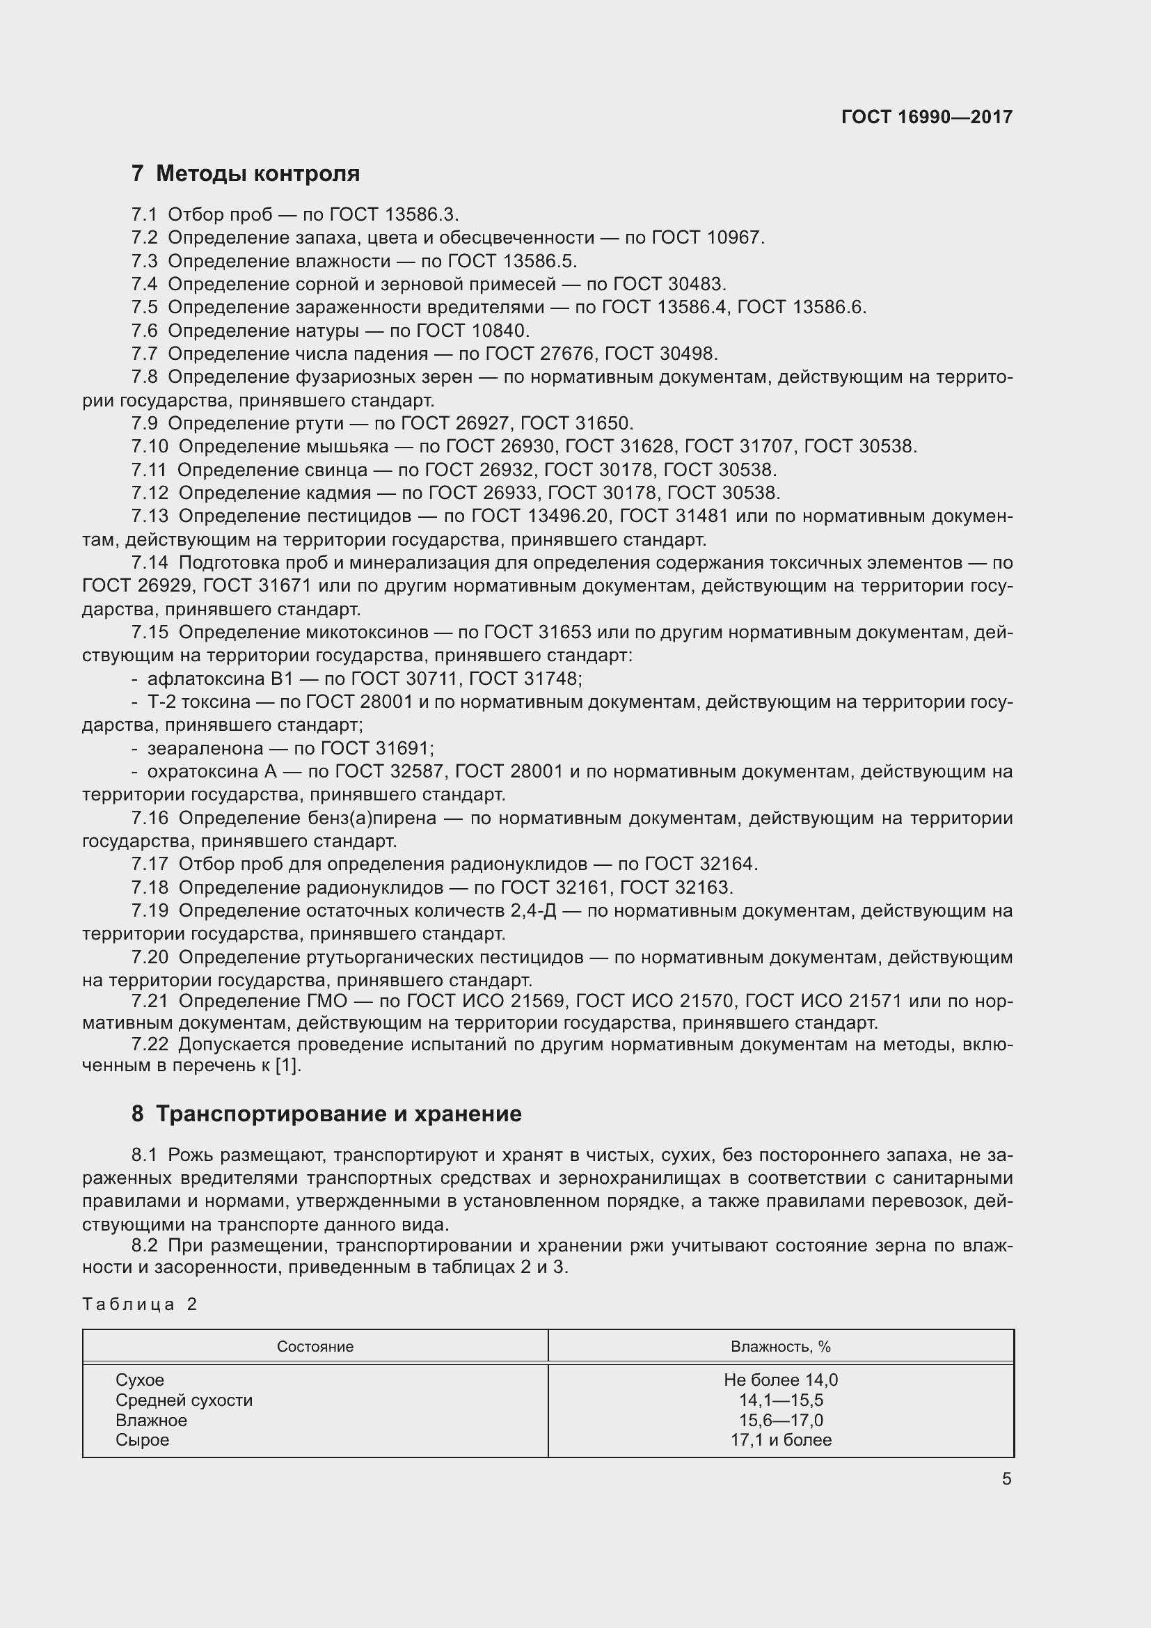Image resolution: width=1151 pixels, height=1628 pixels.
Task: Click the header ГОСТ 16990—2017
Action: [926, 117]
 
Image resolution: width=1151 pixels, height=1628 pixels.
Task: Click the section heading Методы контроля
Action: [257, 174]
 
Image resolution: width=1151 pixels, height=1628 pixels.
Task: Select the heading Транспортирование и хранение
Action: [338, 1113]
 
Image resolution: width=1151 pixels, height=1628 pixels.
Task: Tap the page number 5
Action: [1006, 1479]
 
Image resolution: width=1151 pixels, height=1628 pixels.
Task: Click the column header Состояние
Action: [315, 1347]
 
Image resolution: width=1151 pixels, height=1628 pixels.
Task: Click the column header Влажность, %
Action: [780, 1347]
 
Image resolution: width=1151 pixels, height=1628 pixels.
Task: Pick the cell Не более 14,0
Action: [780, 1380]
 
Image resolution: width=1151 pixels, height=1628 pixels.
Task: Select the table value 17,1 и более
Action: [780, 1440]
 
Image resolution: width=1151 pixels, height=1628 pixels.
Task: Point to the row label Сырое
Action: [143, 1440]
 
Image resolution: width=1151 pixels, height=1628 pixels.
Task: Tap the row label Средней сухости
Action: [184, 1400]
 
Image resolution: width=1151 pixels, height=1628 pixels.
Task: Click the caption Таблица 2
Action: [140, 1304]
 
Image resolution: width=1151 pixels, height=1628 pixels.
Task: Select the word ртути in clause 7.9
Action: [317, 423]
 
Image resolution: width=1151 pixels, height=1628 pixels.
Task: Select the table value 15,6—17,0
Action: [780, 1421]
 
